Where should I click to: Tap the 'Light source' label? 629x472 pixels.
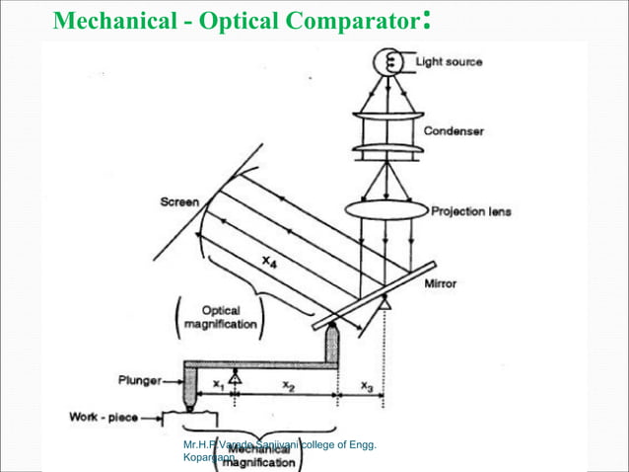[x=449, y=62]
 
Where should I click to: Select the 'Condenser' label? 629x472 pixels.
[x=454, y=131]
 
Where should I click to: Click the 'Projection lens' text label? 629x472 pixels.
[x=471, y=210]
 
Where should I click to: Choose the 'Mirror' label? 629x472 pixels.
[x=440, y=283]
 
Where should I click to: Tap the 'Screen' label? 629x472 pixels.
[x=179, y=202]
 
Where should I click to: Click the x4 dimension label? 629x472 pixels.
[x=271, y=261]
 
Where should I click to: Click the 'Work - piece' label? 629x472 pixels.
[x=102, y=417]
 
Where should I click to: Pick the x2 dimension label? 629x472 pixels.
[x=288, y=386]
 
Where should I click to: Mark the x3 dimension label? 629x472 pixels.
[x=366, y=386]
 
